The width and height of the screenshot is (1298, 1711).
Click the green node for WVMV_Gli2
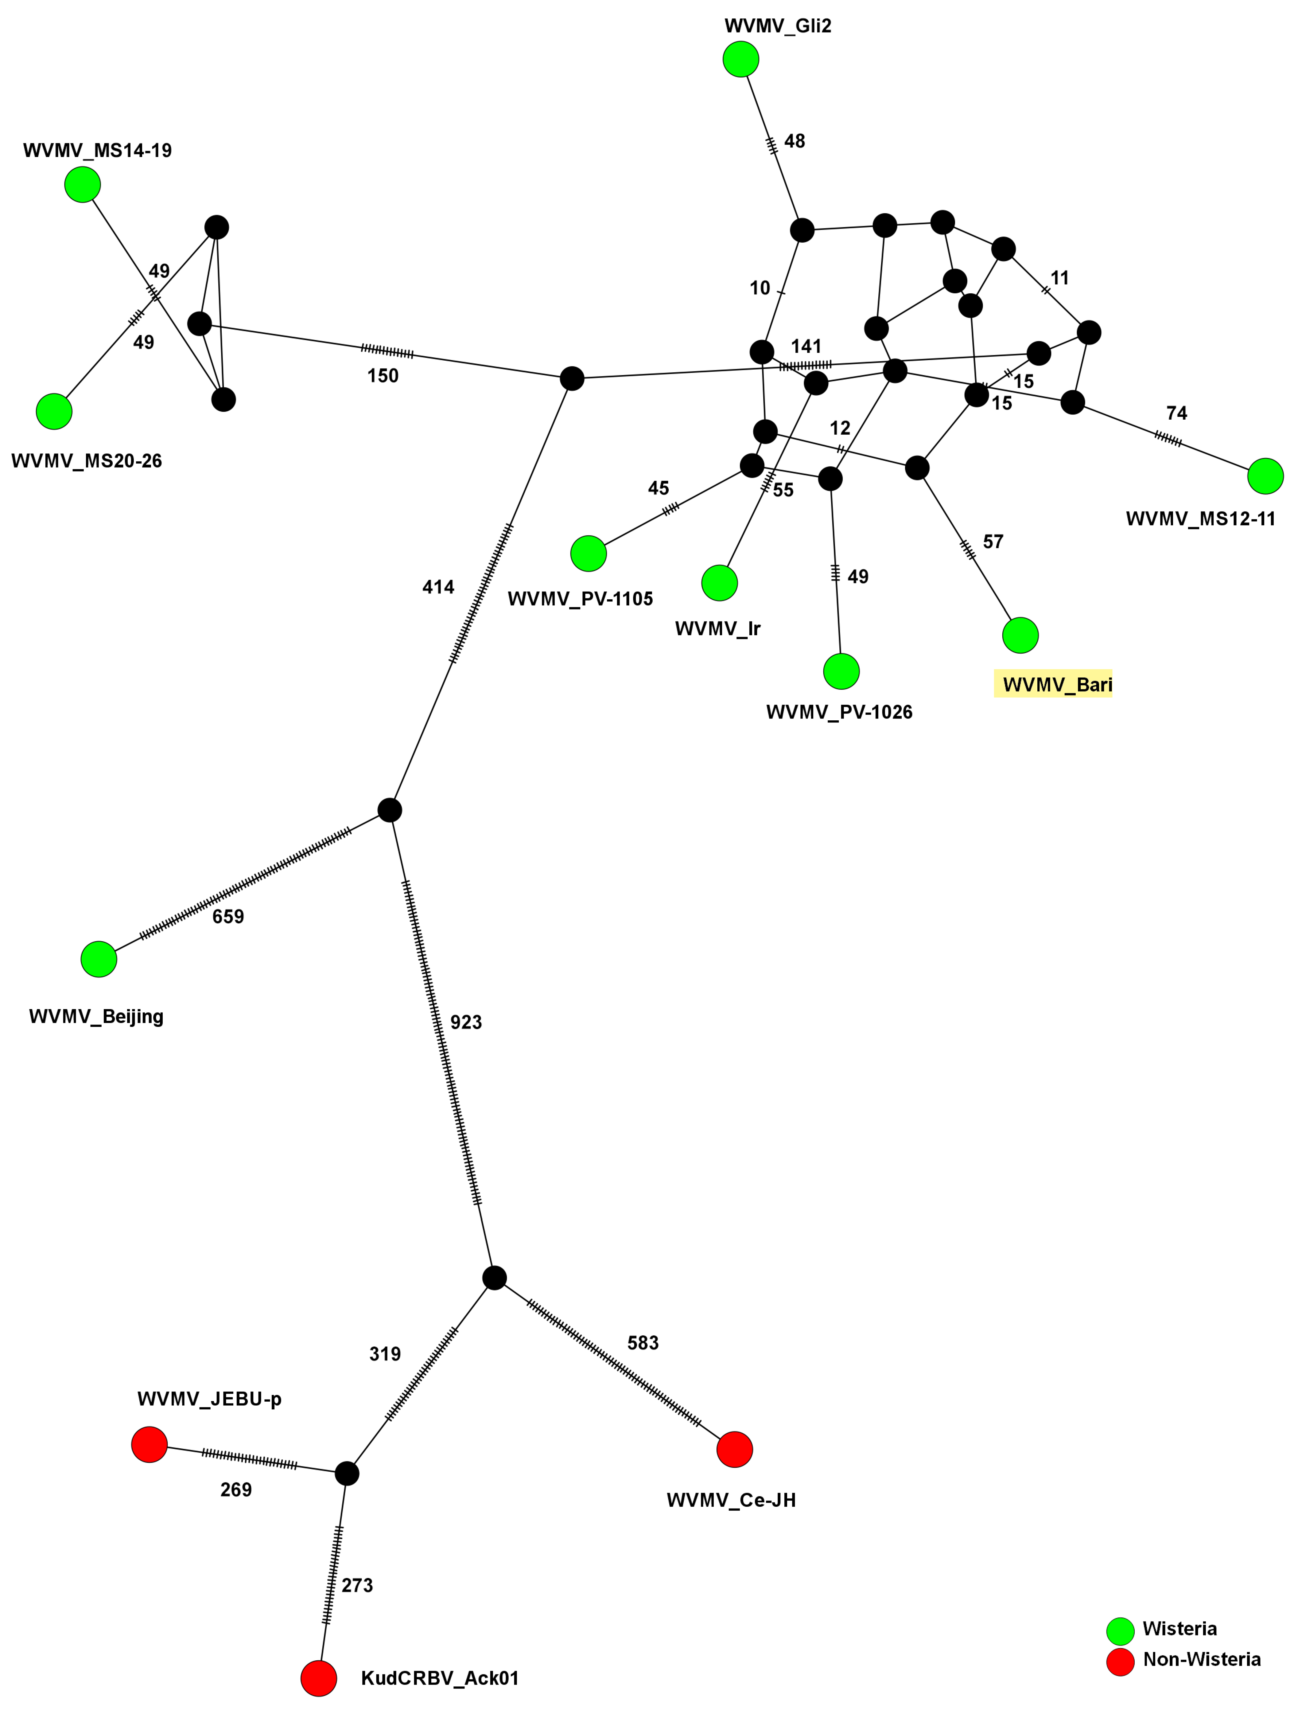click(740, 60)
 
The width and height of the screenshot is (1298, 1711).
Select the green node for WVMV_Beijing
click(99, 959)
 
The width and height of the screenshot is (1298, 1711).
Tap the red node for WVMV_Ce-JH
click(734, 1450)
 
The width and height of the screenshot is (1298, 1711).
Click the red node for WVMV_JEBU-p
click(149, 1444)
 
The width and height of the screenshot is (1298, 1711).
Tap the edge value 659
click(228, 917)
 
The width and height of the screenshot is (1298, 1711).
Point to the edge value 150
click(383, 376)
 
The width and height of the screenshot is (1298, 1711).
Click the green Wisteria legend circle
click(1120, 1631)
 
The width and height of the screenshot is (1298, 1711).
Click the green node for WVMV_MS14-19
click(83, 185)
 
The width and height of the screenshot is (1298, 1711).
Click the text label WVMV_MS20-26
click(87, 461)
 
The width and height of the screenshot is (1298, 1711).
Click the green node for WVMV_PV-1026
click(841, 671)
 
